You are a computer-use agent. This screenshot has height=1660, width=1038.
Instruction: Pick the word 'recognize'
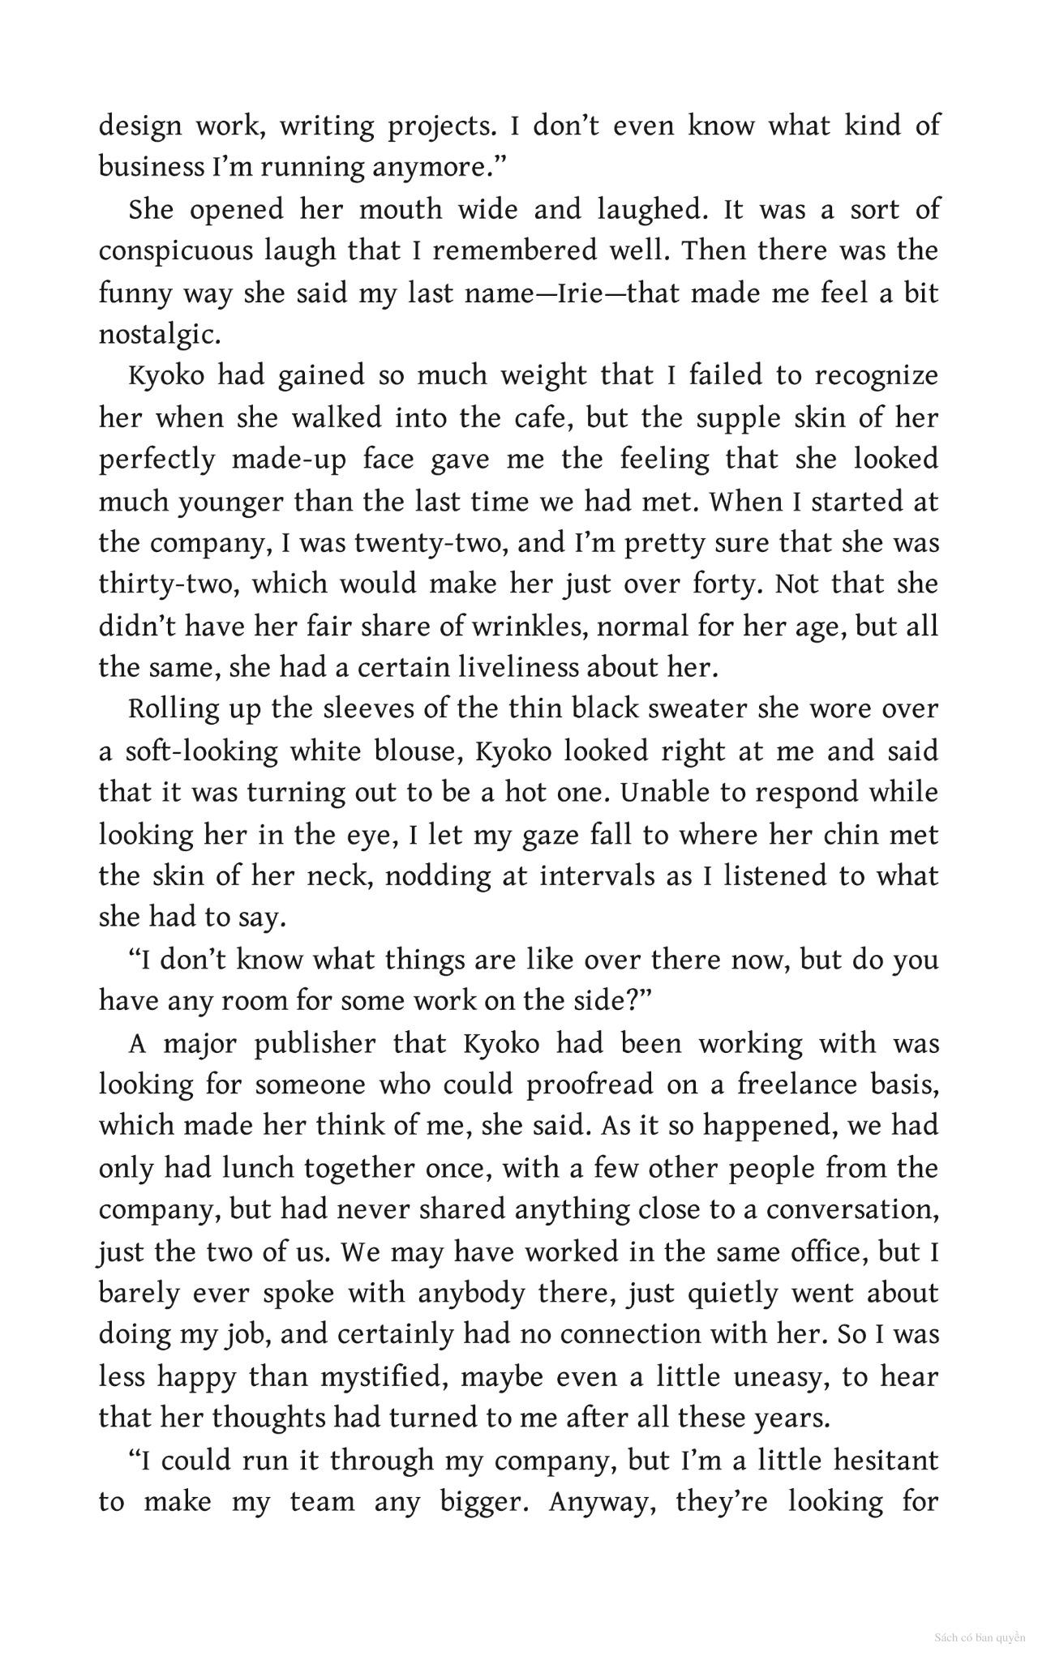(x=876, y=376)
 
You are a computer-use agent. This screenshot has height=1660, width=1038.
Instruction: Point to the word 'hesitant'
(x=892, y=1460)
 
